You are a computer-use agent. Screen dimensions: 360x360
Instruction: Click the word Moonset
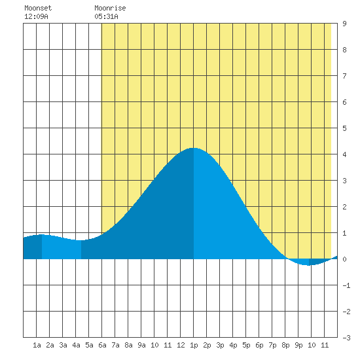[38, 8]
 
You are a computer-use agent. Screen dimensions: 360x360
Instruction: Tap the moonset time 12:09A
[36, 16]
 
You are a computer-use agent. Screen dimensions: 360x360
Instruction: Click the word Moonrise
[110, 8]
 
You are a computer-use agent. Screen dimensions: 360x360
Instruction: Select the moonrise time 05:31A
[106, 16]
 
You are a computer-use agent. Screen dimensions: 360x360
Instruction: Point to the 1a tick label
[37, 345]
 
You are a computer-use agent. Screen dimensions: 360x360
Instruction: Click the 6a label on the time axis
[102, 345]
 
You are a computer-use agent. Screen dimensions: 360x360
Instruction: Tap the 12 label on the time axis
[181, 345]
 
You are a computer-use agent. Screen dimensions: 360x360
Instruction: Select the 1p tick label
[194, 345]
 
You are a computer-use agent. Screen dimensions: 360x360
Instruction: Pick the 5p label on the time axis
[246, 345]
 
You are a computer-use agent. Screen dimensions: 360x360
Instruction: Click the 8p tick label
[285, 345]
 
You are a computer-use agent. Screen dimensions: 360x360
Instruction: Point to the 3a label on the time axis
[63, 345]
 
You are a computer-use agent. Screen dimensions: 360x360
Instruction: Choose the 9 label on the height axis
[344, 24]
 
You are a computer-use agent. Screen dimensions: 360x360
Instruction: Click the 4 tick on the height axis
[344, 154]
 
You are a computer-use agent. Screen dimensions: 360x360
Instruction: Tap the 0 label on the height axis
[344, 259]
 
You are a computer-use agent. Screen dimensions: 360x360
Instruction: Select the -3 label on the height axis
[346, 338]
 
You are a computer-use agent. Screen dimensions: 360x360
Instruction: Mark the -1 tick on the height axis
[346, 285]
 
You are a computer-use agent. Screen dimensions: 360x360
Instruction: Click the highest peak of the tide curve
[193, 148]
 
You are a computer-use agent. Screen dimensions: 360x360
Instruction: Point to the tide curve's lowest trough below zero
[308, 265]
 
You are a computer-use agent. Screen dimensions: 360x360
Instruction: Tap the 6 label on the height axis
[344, 102]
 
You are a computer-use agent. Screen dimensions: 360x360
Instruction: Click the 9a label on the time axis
[141, 345]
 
